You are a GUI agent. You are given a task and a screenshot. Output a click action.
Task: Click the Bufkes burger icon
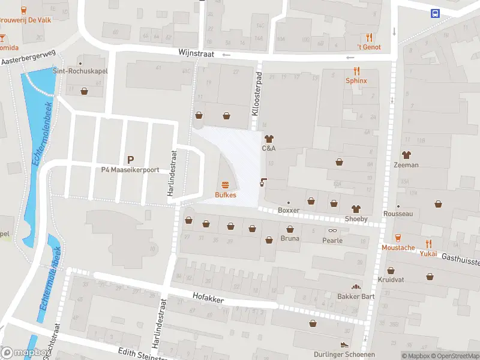coord(226,185)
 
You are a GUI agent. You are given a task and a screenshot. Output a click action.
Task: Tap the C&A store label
coord(268,148)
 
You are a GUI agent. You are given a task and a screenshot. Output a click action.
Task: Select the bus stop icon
coord(435,13)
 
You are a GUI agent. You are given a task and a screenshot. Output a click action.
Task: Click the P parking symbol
coord(130,160)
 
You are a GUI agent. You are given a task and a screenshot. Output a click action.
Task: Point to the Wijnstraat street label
coord(196,53)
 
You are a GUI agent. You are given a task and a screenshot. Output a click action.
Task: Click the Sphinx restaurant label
coord(356,80)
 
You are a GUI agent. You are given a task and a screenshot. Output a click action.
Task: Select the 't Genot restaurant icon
coord(369,37)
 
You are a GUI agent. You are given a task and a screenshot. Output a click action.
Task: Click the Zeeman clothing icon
coord(406,155)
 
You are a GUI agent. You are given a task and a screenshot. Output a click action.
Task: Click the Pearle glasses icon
coord(332,230)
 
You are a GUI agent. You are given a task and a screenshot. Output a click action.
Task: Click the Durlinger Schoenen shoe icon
coord(344,344)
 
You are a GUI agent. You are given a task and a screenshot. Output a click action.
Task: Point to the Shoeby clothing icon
coord(356,209)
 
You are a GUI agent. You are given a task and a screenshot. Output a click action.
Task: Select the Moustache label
coord(398,247)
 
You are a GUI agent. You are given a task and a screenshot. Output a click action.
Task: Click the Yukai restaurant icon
coord(428,243)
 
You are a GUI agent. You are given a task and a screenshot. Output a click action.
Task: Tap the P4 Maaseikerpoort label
coord(130,170)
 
